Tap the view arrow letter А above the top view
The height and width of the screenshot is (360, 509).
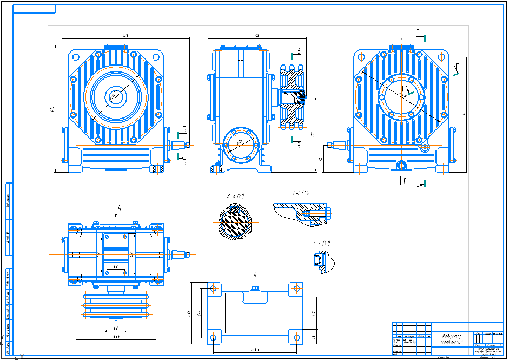coord(118,207)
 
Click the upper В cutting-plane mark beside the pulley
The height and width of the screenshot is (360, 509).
coord(297,52)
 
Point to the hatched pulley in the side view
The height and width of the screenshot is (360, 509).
coord(292,97)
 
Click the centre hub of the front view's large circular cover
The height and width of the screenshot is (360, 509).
coord(115,96)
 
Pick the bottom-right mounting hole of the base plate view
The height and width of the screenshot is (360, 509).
coord(296,337)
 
